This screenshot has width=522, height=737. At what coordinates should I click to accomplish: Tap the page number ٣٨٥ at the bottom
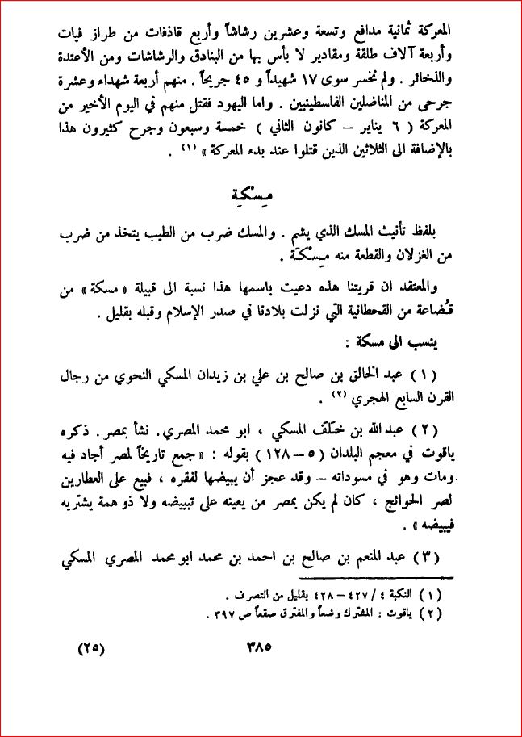(265, 647)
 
